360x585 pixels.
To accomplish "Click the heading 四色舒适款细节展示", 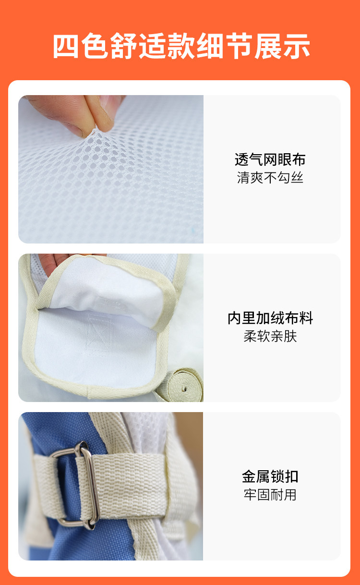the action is pos(181,46).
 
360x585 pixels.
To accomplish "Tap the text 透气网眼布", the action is pos(270,159).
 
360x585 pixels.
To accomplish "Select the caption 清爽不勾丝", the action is pos(270,178).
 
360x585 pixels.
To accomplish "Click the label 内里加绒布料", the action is pos(270,318).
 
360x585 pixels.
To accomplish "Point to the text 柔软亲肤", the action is pos(270,336).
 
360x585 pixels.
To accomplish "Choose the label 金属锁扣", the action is pos(270,476).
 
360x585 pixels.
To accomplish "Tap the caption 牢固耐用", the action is pos(270,495).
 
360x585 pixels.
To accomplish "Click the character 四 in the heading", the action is pos(66,46).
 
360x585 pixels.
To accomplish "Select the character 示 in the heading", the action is pos(296,46).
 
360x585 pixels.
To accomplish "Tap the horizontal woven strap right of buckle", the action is pos(128,486).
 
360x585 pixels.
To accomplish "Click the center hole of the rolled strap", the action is pos(184,389).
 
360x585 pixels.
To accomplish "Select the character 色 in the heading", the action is pos(95,46).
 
